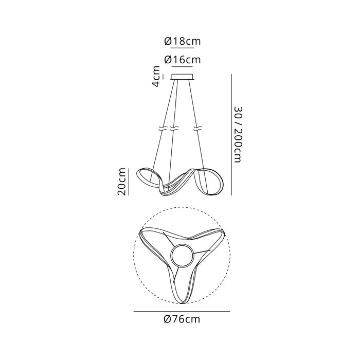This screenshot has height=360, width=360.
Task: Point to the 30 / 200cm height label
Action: (x=237, y=135)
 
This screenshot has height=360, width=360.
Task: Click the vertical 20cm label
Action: (x=121, y=181)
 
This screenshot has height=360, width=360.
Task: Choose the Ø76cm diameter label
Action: (x=182, y=319)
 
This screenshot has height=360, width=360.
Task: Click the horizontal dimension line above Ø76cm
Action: (x=182, y=311)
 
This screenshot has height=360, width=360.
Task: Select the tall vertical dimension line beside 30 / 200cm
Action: (x=231, y=135)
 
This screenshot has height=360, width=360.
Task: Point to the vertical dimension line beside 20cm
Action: (x=129, y=181)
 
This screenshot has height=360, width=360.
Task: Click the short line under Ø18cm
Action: (x=179, y=47)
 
